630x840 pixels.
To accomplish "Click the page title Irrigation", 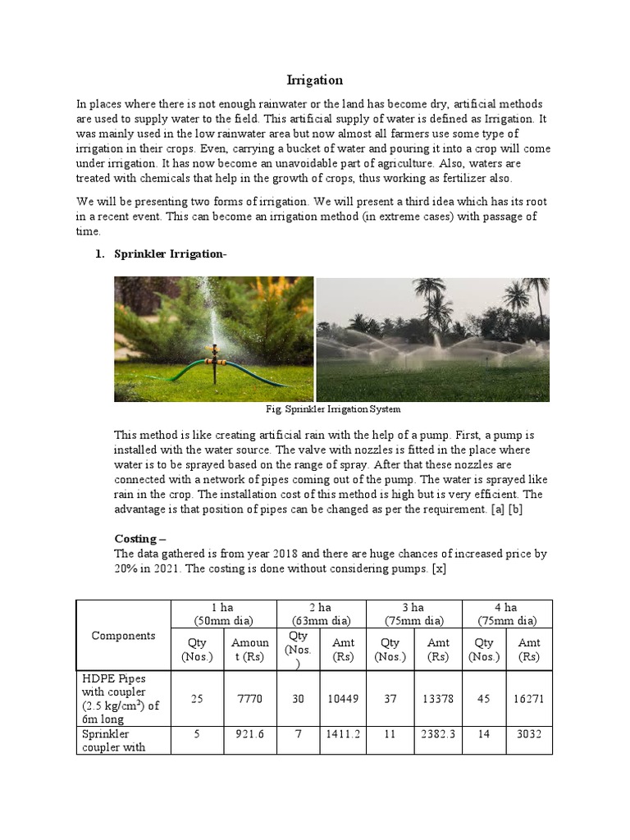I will click(314, 80).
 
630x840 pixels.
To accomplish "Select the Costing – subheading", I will click(139, 538).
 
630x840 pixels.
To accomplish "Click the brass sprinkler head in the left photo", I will click(216, 353).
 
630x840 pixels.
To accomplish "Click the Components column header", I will click(123, 635).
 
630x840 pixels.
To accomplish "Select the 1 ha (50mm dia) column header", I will click(222, 614).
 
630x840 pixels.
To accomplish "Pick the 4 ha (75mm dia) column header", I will click(507, 614).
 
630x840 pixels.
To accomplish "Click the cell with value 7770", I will click(248, 698).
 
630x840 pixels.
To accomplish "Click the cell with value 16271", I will click(529, 698).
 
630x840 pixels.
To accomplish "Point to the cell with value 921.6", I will click(248, 735).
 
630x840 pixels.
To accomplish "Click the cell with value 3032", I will click(529, 735).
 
